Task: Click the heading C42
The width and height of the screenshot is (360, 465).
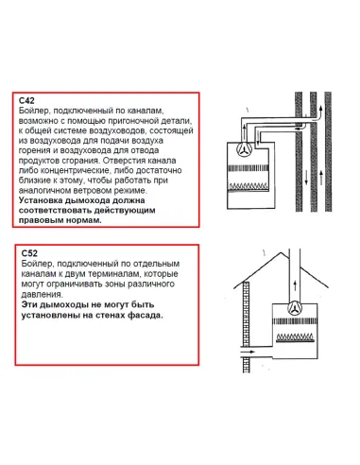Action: [26, 100]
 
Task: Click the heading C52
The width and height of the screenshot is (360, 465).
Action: [29, 253]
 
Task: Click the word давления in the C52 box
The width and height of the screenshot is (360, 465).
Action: [42, 294]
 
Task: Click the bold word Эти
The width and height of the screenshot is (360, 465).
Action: [29, 304]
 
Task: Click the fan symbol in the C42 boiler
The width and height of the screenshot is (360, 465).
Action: [245, 148]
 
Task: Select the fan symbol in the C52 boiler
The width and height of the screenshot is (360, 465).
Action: [295, 308]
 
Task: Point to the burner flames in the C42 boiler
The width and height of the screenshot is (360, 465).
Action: [249, 186]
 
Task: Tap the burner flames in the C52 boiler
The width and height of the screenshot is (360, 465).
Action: [295, 337]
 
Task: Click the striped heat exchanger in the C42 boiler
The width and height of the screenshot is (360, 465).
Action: [249, 168]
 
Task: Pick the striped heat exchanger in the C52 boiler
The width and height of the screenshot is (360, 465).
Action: [295, 321]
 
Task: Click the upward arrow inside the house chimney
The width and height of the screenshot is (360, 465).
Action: [295, 286]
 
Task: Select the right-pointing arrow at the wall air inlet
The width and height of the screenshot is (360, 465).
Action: [248, 352]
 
